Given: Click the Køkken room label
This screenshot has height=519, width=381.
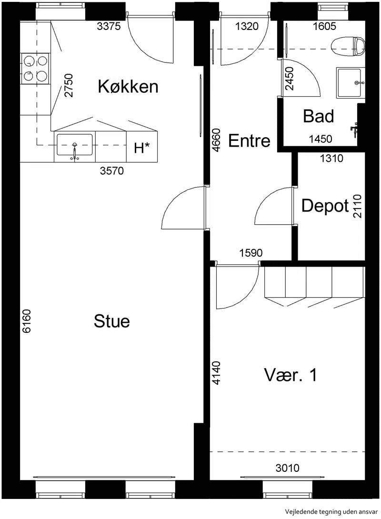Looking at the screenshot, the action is [x=128, y=87].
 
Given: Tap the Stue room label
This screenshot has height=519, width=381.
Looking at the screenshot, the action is [x=112, y=321].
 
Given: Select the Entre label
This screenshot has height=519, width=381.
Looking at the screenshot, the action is [x=249, y=140].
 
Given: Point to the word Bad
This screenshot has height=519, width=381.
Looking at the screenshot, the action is [x=319, y=116].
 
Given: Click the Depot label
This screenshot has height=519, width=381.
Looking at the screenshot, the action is [x=325, y=206].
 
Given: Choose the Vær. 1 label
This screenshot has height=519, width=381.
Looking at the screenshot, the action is [x=291, y=375].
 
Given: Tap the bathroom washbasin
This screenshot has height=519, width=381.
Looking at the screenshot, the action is [x=350, y=83].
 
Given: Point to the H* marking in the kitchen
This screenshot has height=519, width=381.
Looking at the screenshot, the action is [x=141, y=148].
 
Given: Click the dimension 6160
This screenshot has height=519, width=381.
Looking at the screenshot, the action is [x=26, y=321].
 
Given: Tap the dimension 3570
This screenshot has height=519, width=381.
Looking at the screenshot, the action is [x=112, y=171].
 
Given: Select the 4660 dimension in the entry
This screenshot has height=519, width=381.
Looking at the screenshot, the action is [x=216, y=140].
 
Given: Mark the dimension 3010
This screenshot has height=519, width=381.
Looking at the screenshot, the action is [x=287, y=468].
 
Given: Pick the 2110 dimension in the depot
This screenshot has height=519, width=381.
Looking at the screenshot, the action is [x=358, y=206].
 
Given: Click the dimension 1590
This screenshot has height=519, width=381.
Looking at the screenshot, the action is [x=251, y=253].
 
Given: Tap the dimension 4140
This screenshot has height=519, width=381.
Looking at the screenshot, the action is [x=216, y=373].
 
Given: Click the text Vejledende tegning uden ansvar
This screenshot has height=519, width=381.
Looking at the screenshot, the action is [x=331, y=511].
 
